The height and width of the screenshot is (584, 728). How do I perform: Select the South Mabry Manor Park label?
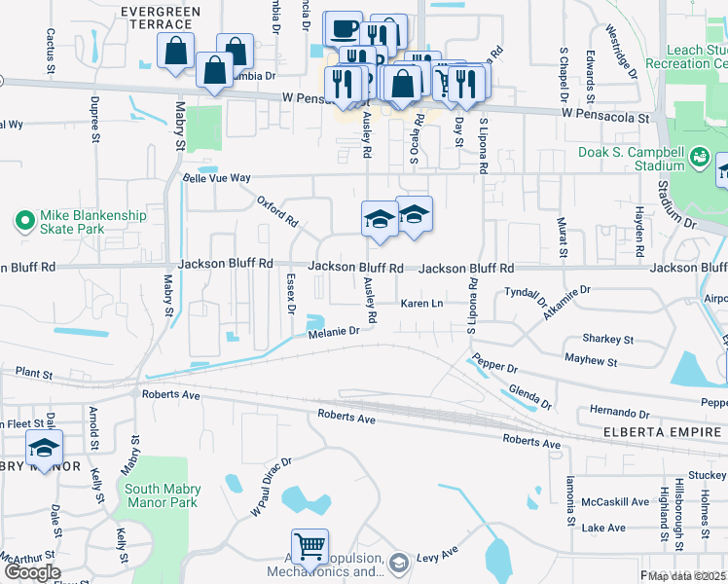pos(161,495)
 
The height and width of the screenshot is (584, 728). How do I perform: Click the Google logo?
pos(32,571)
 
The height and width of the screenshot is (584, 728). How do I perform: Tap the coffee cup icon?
pos(343,28)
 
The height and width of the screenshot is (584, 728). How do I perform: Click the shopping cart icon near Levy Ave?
pos(309,546)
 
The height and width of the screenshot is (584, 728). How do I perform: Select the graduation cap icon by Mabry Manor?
pos(44,447)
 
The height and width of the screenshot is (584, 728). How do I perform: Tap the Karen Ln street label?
pos(422,304)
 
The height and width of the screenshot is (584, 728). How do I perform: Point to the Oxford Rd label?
pos(277,211)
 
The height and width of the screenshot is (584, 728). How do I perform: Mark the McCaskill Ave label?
pos(615,502)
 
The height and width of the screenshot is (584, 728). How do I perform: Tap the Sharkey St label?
pos(607,340)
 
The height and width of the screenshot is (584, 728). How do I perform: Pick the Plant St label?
pos(33,373)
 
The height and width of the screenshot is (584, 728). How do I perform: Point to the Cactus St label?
pos(50,51)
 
